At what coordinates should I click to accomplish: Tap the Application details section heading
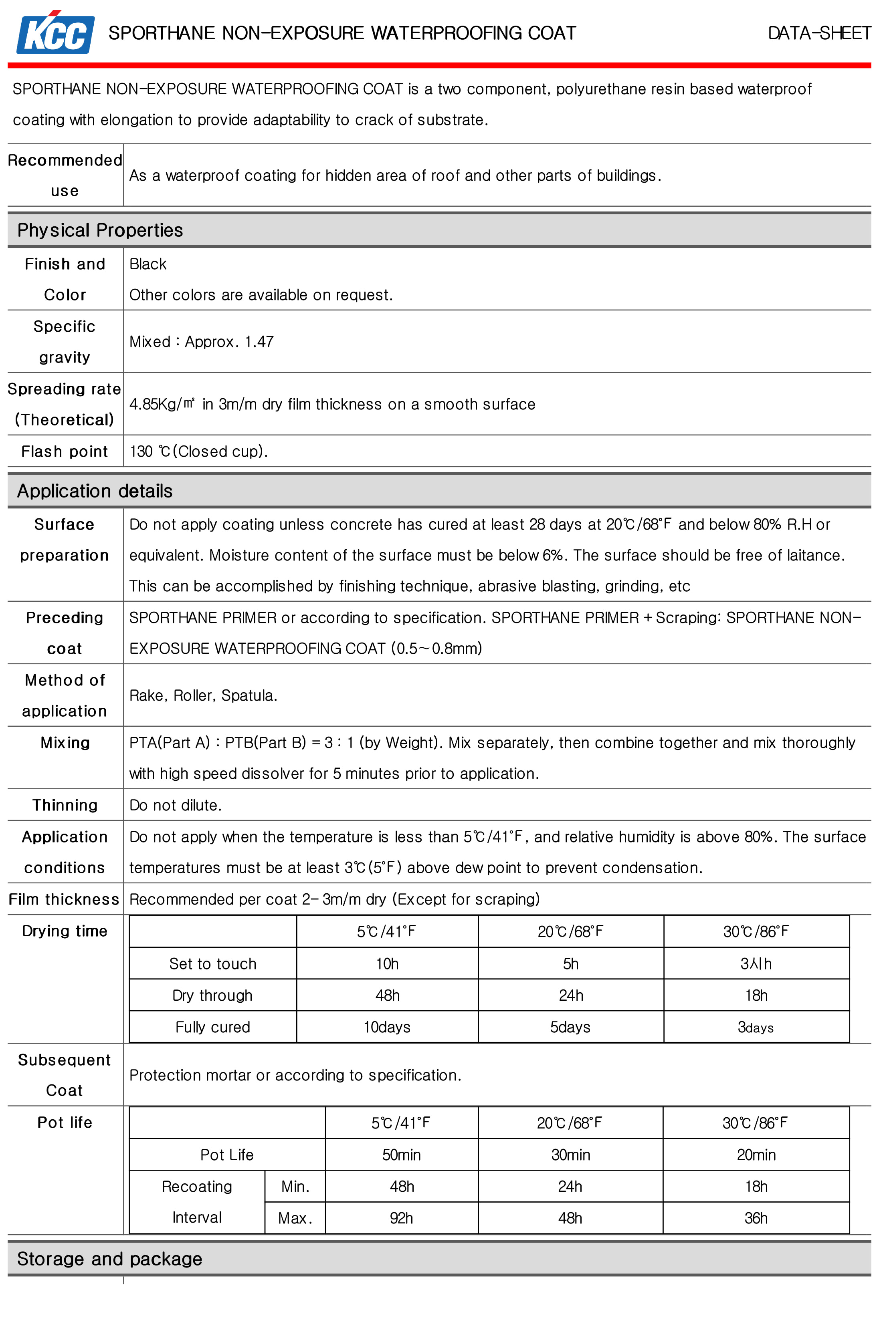tap(95, 491)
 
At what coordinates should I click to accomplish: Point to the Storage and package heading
tap(109, 1258)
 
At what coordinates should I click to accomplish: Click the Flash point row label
tap(64, 451)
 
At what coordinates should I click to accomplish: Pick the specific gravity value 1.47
tap(259, 342)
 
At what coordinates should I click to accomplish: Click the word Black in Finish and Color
tap(148, 264)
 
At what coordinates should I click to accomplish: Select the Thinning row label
tap(65, 805)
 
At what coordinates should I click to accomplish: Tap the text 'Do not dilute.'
tap(176, 805)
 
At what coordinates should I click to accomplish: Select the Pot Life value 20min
tap(756, 1155)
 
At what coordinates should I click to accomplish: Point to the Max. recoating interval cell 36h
tap(756, 1218)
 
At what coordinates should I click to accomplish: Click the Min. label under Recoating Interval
tap(295, 1186)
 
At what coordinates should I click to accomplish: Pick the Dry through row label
tap(212, 995)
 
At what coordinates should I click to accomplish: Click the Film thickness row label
tap(64, 899)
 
